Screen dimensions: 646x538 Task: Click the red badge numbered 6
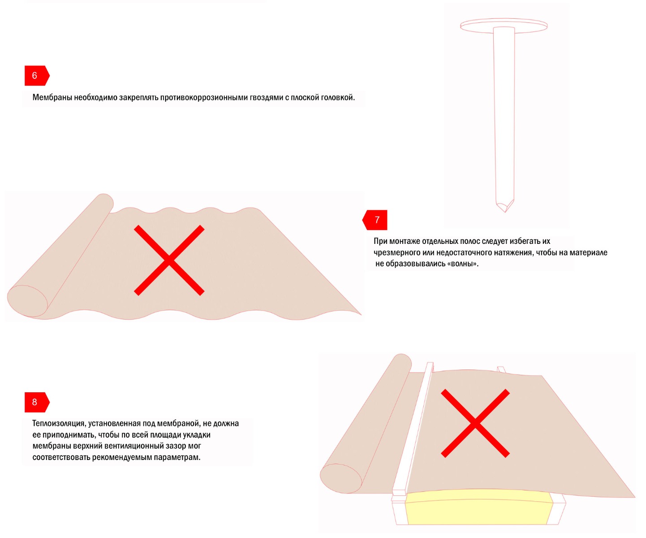[37, 76]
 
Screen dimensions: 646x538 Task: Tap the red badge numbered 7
[375, 220]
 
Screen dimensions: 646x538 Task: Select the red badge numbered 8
[37, 402]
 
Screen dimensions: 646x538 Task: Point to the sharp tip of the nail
[505, 212]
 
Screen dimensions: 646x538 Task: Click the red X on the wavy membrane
[169, 260]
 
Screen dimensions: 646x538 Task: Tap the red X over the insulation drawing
[475, 423]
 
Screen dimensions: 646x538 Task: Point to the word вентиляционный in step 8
[134, 447]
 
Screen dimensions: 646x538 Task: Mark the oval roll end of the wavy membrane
[27, 301]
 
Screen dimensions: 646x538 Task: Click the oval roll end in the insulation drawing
[340, 478]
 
